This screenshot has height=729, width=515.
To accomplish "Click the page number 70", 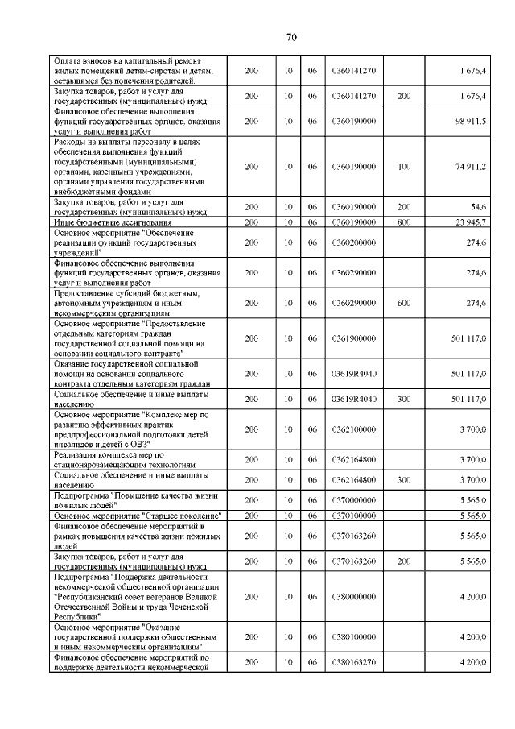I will [x=291, y=37].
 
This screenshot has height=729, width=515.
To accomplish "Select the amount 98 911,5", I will [x=470, y=121].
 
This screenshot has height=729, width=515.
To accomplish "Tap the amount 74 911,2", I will [x=470, y=166].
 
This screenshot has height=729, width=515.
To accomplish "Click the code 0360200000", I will [x=353, y=242].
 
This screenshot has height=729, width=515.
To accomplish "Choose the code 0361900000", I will [x=353, y=338].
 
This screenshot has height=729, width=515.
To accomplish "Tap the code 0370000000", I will [x=353, y=499].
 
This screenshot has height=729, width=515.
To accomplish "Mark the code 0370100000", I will [x=353, y=515].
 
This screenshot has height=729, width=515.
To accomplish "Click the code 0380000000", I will [x=353, y=597].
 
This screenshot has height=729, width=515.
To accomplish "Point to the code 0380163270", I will [x=353, y=661].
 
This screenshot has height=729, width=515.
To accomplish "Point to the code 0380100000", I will [x=353, y=636].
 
